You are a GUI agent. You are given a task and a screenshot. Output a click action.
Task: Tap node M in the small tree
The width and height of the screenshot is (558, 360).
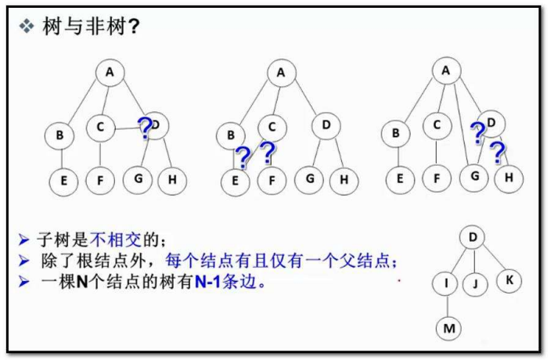tap(448, 328)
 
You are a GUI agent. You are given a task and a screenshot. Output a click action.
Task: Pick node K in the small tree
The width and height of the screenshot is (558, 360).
tap(509, 279)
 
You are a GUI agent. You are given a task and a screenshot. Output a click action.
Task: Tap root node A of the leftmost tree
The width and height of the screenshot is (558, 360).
tap(110, 73)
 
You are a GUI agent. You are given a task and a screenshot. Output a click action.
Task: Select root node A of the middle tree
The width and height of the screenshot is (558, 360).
tap(280, 73)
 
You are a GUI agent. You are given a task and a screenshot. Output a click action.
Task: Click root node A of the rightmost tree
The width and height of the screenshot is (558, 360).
tap(445, 70)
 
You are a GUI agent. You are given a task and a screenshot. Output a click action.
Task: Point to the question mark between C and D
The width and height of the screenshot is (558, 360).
tap(145, 127)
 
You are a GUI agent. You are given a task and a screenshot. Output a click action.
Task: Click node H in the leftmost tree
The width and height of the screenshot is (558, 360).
tap(171, 180)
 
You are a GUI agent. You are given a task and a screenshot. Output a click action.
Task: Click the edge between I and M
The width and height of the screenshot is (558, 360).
tap(446, 305)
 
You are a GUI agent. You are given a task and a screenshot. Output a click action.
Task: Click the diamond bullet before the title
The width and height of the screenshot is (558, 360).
tap(27, 26)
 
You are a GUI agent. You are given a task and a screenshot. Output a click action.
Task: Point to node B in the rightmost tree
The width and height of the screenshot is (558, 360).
tap(397, 133)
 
